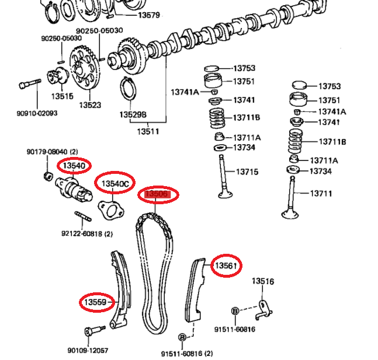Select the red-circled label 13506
[157, 194]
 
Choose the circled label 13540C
[115, 184]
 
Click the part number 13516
[263, 282]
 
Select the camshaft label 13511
[148, 131]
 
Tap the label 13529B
[133, 115]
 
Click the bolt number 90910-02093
[37, 113]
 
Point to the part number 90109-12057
[88, 351]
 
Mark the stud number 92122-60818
[86, 233]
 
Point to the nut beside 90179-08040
[48, 175]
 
